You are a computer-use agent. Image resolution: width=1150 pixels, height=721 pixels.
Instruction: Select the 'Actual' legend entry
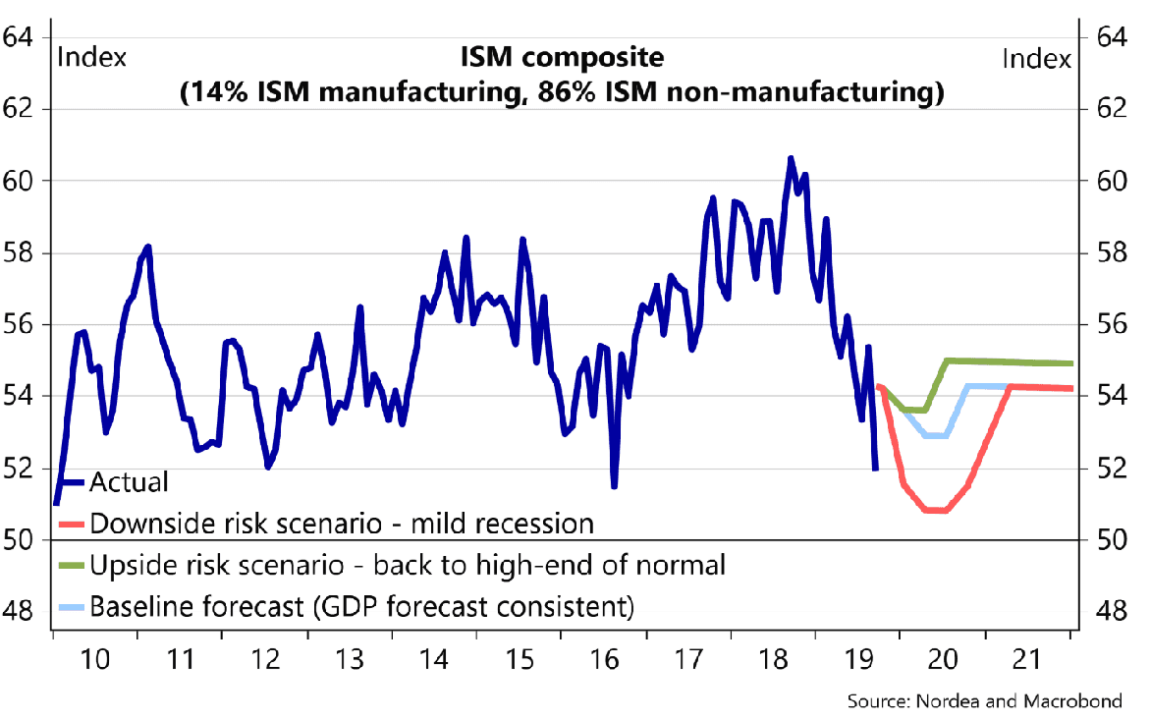129,482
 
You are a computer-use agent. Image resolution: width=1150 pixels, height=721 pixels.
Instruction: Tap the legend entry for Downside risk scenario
341,523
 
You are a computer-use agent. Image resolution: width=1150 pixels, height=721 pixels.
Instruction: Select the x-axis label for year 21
1028,658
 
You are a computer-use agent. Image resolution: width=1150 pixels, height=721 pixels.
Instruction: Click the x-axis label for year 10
94,658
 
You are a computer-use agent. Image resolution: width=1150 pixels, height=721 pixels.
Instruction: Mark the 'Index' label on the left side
93,57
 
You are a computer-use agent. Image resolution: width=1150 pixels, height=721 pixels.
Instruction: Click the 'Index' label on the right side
1036,59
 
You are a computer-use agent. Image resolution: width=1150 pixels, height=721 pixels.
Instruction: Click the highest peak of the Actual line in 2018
791,158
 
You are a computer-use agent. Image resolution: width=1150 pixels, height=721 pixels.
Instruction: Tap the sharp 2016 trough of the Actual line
614,484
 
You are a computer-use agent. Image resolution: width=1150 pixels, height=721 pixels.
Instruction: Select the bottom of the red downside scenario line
934,511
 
